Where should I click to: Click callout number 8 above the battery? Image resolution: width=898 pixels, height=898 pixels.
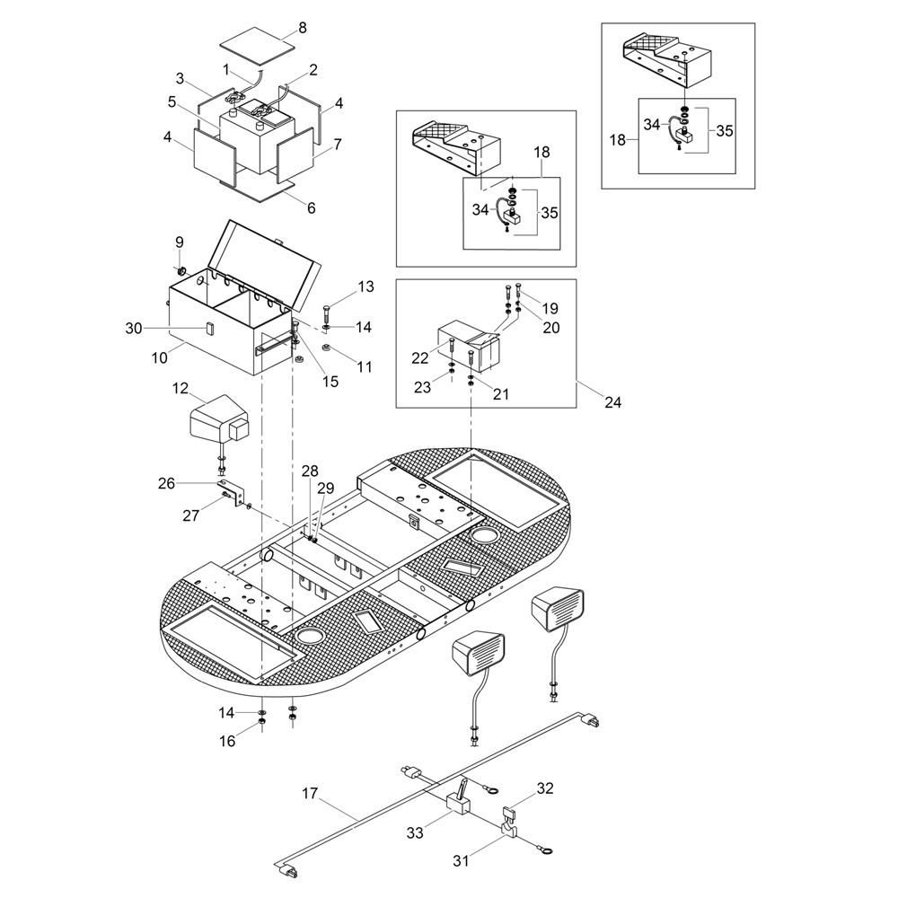(303, 27)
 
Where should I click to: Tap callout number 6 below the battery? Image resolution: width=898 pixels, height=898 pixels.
(311, 207)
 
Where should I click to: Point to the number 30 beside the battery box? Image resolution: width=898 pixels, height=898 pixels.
(134, 328)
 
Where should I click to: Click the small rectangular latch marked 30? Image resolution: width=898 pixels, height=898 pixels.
(208, 328)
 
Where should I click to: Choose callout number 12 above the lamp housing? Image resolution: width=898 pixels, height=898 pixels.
(180, 388)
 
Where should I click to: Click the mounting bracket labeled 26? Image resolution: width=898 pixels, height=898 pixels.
(232, 494)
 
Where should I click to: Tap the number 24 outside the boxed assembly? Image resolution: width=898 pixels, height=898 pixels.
(612, 402)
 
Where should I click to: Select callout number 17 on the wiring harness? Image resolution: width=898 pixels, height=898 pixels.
(310, 794)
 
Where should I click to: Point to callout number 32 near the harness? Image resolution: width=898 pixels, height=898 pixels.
(545, 788)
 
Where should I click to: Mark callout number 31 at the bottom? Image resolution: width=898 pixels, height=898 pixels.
(461, 860)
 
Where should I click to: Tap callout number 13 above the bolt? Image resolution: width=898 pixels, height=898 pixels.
(366, 286)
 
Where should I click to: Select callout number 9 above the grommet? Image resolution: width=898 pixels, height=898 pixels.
(180, 242)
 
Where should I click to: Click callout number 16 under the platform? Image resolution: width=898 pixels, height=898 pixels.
(227, 741)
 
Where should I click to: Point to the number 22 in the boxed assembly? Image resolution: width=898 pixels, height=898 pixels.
(419, 358)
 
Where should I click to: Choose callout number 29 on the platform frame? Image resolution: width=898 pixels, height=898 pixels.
(326, 489)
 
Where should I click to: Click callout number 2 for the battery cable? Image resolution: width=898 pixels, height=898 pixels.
(313, 70)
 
